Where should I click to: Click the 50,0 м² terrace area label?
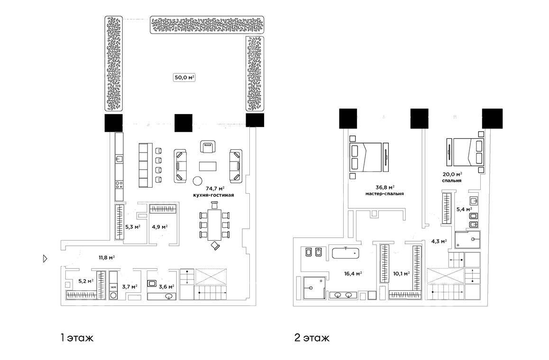[x=184, y=77]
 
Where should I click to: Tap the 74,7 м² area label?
[x=215, y=189]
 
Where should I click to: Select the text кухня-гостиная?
[x=213, y=195]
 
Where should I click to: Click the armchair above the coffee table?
[x=208, y=146]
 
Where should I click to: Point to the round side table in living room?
[x=198, y=180]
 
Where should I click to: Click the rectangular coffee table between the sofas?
[x=208, y=166]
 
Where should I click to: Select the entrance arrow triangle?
[x=45, y=259]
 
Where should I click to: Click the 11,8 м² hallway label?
[x=107, y=258]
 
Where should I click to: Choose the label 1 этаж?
[x=77, y=338]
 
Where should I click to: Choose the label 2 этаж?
[x=312, y=338]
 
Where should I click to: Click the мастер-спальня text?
[x=384, y=193]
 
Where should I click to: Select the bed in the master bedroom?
[x=365, y=157]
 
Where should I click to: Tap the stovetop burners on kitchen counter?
[x=119, y=185]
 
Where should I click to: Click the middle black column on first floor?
[x=183, y=123]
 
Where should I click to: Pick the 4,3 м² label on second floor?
[x=439, y=242]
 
